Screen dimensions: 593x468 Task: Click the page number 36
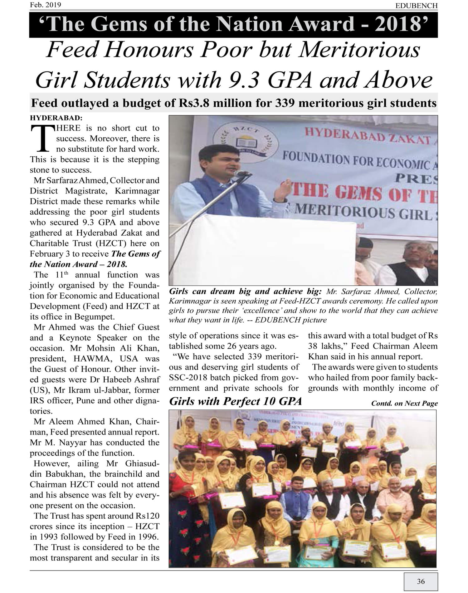[421, 581]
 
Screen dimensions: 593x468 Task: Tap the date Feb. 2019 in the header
[46, 5]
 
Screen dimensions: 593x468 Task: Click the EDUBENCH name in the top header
[416, 6]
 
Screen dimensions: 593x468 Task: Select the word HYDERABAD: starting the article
[56, 118]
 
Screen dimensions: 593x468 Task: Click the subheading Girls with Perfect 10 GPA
[235, 401]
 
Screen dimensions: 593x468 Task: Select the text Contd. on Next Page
[404, 403]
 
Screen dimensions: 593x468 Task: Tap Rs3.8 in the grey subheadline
[194, 103]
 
